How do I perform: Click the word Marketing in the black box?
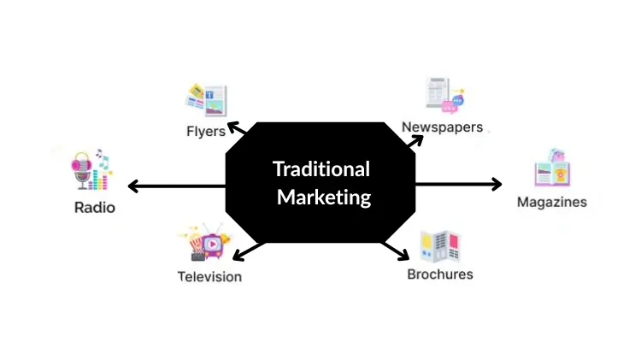(324, 197)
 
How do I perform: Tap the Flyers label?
(206, 131)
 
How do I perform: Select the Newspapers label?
(442, 127)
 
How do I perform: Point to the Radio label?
(94, 207)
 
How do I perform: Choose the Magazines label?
(552, 202)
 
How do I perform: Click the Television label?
(209, 276)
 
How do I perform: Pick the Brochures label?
(439, 274)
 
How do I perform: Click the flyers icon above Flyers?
(206, 100)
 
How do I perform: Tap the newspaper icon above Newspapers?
(444, 96)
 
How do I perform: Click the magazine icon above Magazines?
(551, 169)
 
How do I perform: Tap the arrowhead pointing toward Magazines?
(497, 183)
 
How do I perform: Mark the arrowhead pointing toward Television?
(238, 254)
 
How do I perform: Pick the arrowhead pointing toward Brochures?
(404, 255)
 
